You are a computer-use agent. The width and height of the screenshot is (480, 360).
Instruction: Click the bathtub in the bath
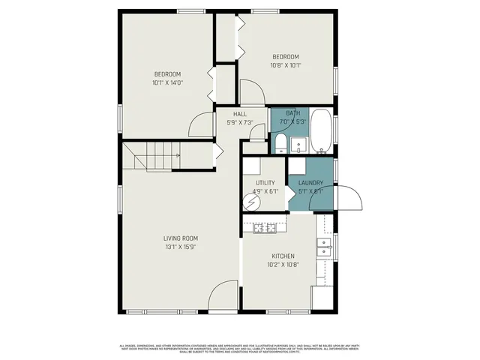point(321,132)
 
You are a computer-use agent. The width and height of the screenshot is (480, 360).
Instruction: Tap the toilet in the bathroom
point(279,143)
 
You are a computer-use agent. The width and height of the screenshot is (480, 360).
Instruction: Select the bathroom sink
point(298,143)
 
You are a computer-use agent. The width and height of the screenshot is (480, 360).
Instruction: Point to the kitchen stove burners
point(264,226)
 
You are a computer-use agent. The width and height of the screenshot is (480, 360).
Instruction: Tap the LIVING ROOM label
point(181,238)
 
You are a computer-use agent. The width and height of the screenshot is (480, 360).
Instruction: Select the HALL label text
point(240,114)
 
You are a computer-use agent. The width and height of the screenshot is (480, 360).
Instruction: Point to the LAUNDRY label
point(310,183)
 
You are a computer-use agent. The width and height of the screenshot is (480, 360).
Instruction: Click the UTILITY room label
point(265,183)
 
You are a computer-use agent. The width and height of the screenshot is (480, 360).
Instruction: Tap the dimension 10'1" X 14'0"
point(167,82)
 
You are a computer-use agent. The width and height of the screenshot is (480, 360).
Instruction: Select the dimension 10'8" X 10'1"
point(285,65)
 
